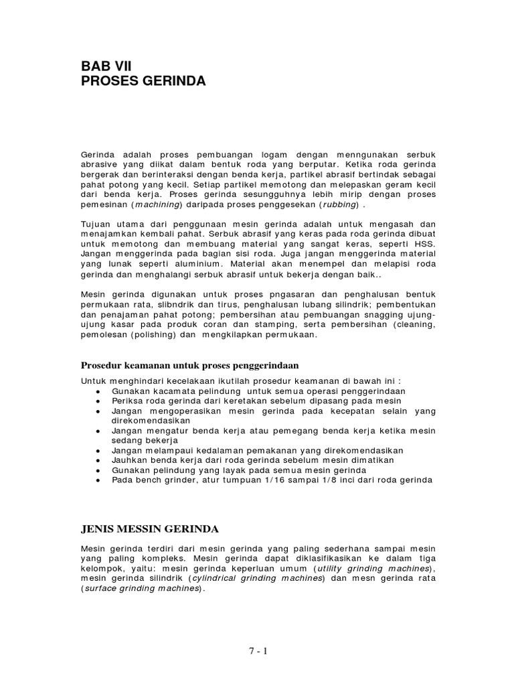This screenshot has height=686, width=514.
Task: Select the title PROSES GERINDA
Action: (143, 82)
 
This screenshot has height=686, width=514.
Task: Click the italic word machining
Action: (157, 204)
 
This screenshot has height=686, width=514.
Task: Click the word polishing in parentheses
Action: (151, 335)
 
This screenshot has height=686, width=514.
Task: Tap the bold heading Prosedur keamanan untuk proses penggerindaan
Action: (189, 365)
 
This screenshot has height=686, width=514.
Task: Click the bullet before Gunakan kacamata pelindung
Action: (98, 391)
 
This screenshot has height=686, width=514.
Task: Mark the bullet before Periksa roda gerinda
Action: (98, 401)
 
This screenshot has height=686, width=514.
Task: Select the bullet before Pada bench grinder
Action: (98, 480)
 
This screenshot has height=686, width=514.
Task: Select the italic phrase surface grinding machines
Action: (141, 588)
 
